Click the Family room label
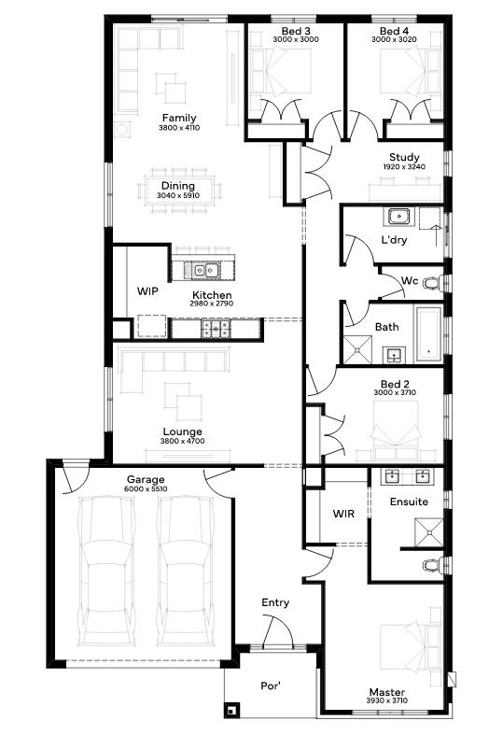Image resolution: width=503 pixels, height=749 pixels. pos(179,118)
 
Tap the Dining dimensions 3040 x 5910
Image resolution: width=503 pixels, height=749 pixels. pos(178,195)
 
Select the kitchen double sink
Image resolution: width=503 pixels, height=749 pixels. pos(205,270)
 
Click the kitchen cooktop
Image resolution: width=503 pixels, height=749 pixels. pos(216,328)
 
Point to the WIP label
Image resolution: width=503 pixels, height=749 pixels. pos(147,290)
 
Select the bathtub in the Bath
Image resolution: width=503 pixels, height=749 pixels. pos(428,334)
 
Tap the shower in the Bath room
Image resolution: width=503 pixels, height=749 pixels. pos(358,348)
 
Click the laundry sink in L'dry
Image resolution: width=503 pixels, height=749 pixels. pos(398,217)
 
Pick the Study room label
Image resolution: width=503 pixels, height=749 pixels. pos(404,157)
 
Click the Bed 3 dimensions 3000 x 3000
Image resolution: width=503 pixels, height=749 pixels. pos(296,39)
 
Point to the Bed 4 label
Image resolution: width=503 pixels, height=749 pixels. pos(394,31)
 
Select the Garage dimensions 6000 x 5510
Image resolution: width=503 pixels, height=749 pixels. pos(146,489)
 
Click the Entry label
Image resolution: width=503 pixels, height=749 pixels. pos(275,602)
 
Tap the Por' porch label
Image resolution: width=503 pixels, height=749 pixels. pos(271,685)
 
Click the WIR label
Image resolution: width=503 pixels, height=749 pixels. pos(343,514)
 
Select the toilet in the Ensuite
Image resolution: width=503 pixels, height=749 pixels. pos(433,565)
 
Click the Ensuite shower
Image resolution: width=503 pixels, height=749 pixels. pos(429,531)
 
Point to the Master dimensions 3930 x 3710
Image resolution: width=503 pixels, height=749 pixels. pos(387,700)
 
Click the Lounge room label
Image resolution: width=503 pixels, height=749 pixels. pos(182,431)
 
